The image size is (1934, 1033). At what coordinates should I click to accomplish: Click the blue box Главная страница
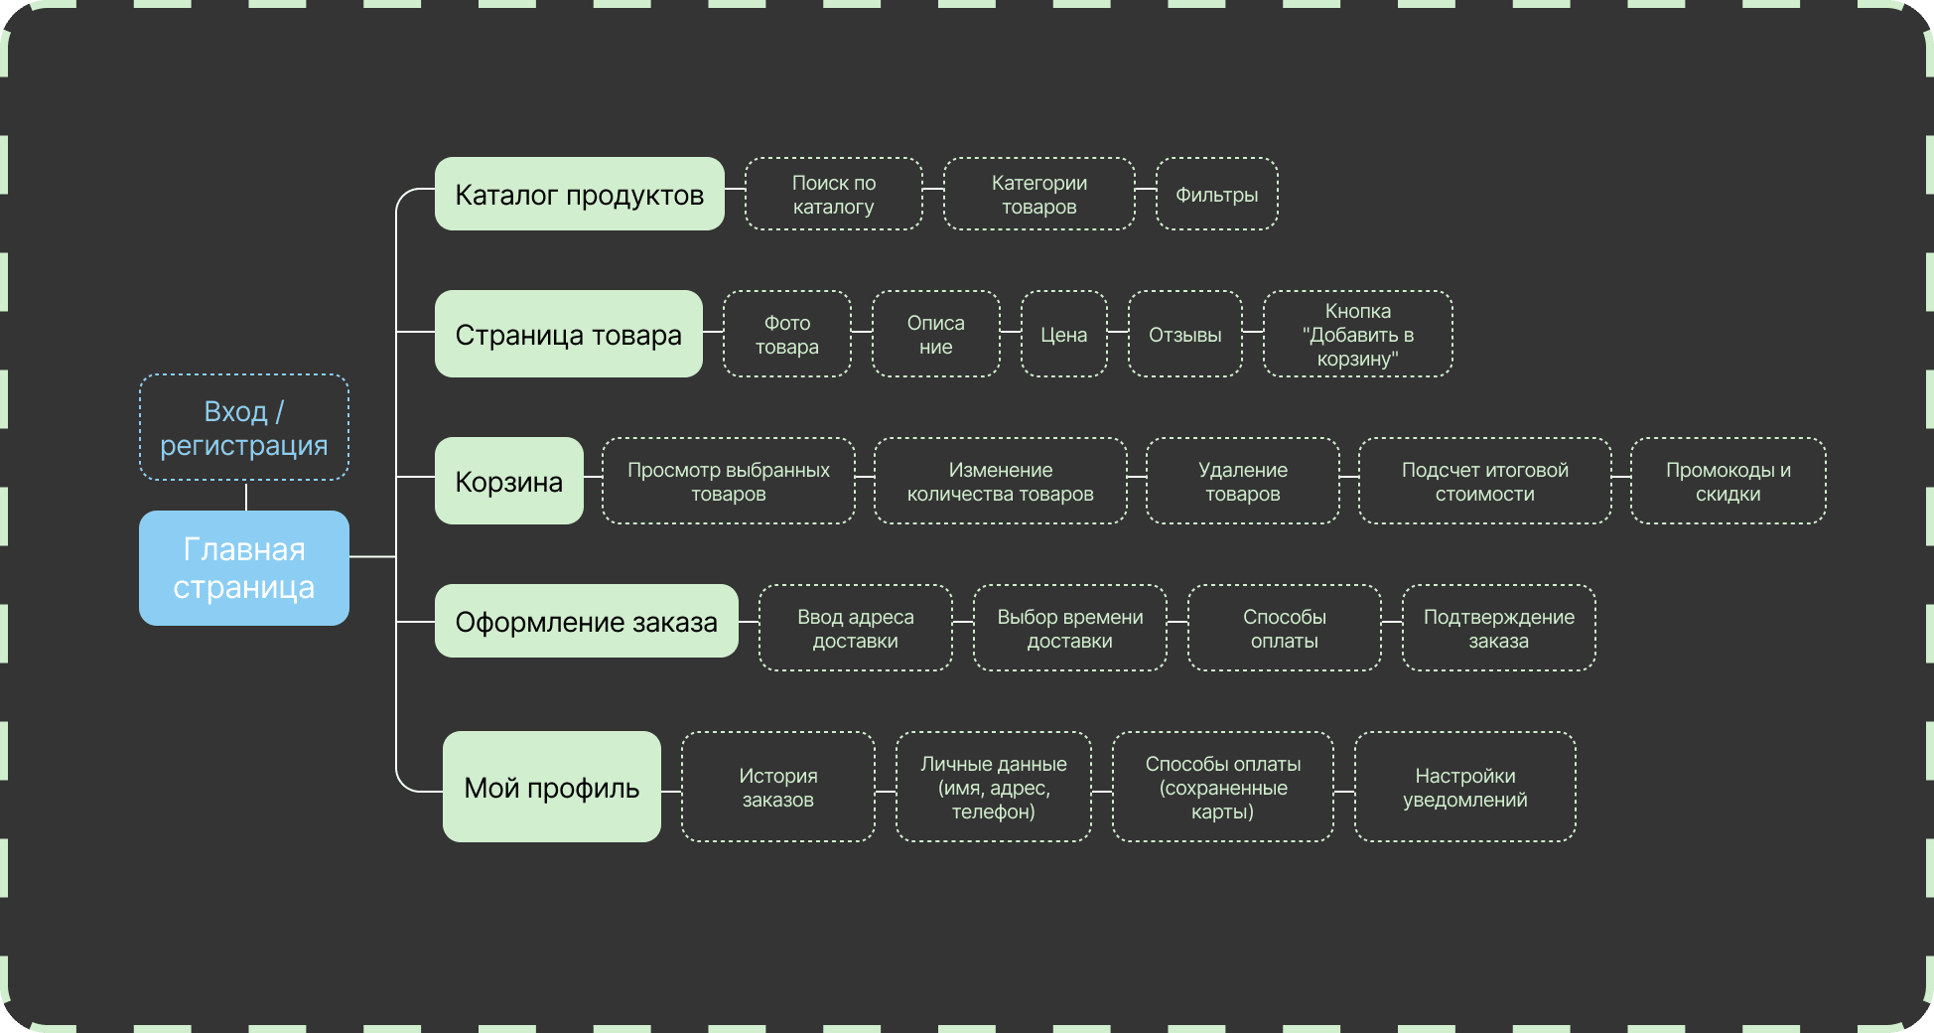tap(244, 568)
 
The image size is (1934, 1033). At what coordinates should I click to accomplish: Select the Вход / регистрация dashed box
tap(244, 428)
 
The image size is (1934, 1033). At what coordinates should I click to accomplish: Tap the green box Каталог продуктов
tap(580, 194)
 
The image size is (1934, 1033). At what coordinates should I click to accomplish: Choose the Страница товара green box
tap(569, 334)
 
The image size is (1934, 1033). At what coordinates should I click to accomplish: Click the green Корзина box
tap(509, 481)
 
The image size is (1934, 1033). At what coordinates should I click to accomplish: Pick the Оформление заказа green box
tap(587, 622)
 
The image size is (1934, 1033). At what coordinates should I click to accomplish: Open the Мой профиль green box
tap(552, 787)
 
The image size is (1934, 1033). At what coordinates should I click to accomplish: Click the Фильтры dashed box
tap(1217, 194)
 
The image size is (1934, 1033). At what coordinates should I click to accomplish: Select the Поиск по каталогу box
tap(834, 194)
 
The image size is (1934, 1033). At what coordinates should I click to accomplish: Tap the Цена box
tap(1064, 334)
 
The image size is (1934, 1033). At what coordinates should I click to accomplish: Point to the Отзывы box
tap(1185, 334)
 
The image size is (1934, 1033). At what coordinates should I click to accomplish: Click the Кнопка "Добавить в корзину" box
tap(1358, 334)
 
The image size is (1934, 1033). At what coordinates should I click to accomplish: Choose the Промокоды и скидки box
tap(1728, 481)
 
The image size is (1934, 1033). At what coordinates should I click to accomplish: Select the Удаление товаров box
tap(1243, 481)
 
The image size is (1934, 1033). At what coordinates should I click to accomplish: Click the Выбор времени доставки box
tap(1070, 628)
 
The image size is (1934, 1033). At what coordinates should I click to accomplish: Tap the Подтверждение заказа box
tap(1499, 628)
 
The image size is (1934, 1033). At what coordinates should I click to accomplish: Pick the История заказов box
tap(778, 787)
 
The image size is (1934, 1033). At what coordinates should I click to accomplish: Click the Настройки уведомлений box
tap(1465, 787)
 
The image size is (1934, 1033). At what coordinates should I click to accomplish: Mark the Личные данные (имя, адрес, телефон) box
tap(994, 787)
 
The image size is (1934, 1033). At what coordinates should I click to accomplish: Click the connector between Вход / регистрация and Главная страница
tap(246, 496)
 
